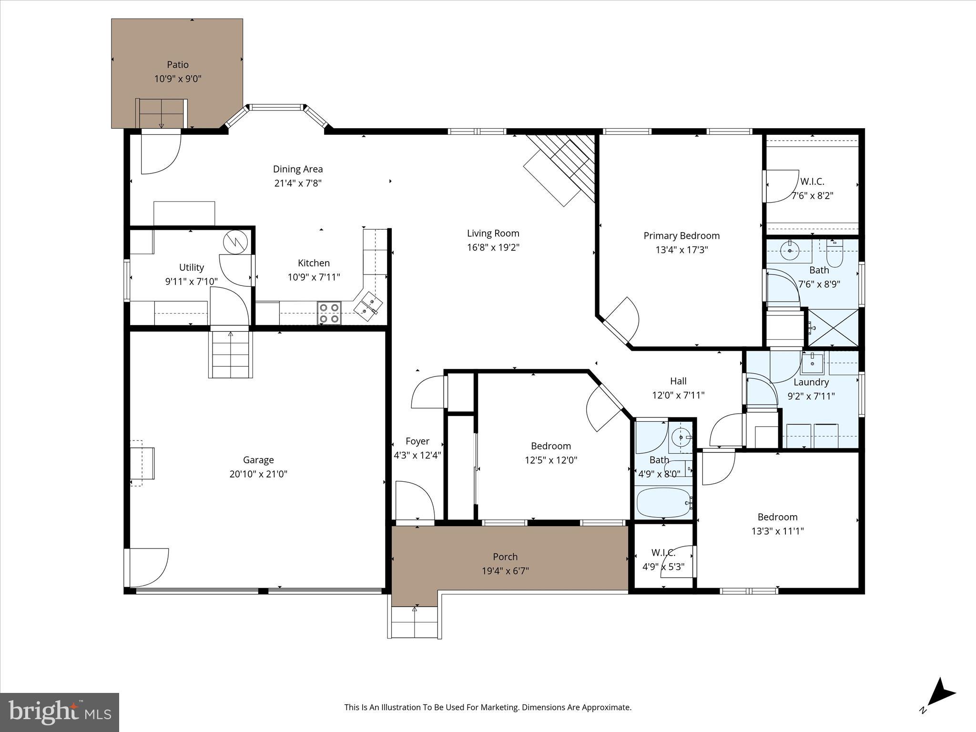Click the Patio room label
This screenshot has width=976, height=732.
(177, 64)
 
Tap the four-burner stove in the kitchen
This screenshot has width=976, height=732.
(329, 313)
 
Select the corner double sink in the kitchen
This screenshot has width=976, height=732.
(368, 305)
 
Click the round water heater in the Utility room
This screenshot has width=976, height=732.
(236, 242)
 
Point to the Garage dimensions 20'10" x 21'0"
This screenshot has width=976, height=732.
(258, 474)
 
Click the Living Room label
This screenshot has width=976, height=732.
(493, 233)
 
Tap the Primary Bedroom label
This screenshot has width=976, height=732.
(681, 235)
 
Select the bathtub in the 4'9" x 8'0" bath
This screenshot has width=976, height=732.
(664, 502)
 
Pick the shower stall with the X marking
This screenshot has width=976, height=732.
(834, 328)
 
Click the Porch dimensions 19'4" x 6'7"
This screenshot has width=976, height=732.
(505, 571)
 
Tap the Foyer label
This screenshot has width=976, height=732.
(417, 441)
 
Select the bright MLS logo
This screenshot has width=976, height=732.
(59, 712)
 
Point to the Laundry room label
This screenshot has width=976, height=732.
(811, 382)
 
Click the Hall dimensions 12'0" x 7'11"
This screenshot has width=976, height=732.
(678, 395)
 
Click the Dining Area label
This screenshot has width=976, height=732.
(297, 169)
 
